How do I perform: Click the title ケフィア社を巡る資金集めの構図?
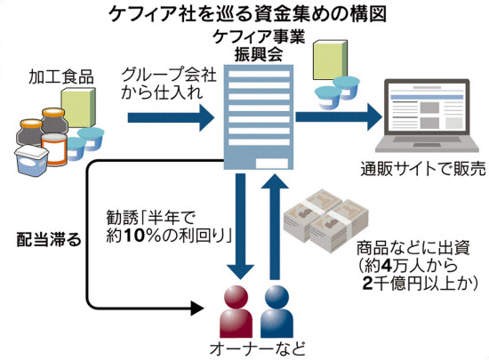click(x=248, y=14)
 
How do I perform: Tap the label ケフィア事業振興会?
click(x=259, y=46)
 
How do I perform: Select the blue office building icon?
click(x=259, y=116)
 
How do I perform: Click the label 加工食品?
click(x=61, y=76)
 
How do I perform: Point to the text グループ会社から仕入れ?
click(x=169, y=84)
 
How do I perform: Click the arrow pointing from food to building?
click(x=171, y=117)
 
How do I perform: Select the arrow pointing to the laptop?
click(x=339, y=116)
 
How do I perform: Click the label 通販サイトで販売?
click(x=423, y=169)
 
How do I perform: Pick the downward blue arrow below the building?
click(x=240, y=227)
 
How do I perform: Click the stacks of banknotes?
click(x=326, y=220)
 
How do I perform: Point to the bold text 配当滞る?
click(x=49, y=240)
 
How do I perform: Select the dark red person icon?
click(x=236, y=311)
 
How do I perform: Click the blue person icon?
click(x=277, y=311)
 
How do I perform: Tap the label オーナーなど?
click(x=257, y=348)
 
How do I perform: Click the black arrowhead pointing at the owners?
click(x=197, y=308)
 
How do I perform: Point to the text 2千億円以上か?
click(x=421, y=284)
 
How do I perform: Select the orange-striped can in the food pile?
click(x=54, y=149)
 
